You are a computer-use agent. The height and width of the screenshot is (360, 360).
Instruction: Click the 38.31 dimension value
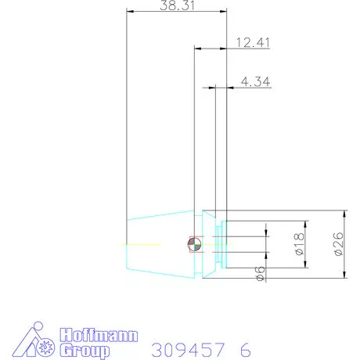click(177, 5)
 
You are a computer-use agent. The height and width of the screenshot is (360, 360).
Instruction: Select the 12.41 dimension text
click(253, 42)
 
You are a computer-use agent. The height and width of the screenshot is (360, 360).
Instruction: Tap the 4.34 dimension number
click(256, 81)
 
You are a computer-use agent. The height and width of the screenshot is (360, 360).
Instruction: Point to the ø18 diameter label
click(299, 244)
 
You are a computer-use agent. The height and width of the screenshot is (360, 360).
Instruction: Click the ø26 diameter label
click(339, 244)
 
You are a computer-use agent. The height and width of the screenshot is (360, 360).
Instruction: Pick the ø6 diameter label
click(260, 273)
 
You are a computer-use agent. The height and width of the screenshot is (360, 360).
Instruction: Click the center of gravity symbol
click(195, 244)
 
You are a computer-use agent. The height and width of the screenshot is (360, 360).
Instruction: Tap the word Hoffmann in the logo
click(99, 336)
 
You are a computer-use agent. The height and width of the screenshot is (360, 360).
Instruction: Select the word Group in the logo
click(85, 351)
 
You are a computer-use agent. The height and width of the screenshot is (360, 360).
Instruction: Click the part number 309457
click(188, 350)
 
